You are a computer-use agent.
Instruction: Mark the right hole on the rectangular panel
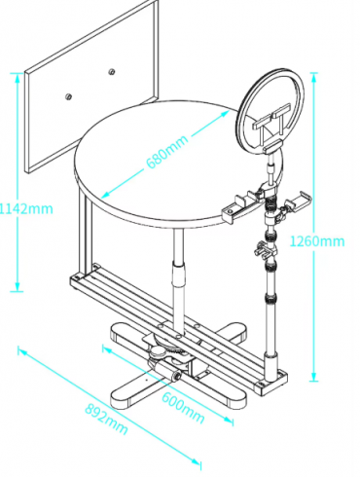pos(113,73)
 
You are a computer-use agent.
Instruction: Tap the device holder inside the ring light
pos(270,124)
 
